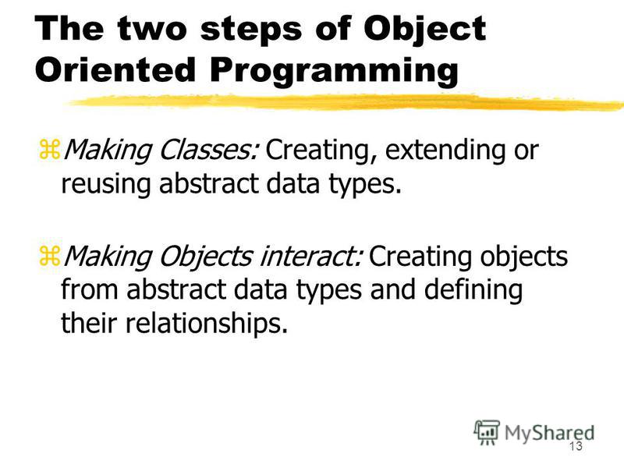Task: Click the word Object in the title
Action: tap(424, 30)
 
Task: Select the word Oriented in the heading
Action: tap(115, 69)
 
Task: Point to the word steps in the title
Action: tap(250, 30)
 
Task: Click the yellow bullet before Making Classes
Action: tap(49, 150)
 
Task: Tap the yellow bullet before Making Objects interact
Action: tap(49, 256)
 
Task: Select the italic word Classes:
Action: tap(209, 150)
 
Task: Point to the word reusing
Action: tap(106, 184)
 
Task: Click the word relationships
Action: tap(207, 324)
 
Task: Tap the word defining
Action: tap(473, 290)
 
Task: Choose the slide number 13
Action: tap(576, 446)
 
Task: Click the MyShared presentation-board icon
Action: tap(487, 433)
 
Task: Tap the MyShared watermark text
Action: tap(550, 433)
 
